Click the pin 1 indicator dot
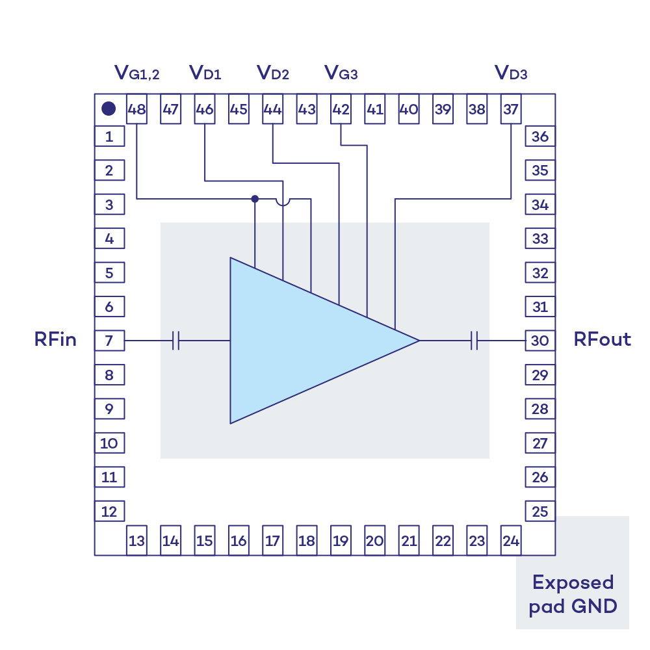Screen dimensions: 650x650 tap(109, 109)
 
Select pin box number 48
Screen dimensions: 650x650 tap(136, 110)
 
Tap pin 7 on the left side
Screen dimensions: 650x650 tap(109, 340)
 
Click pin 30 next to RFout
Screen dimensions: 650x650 tap(540, 340)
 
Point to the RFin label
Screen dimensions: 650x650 tap(55, 339)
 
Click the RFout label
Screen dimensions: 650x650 tap(602, 339)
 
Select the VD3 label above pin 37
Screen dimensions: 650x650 tap(511, 72)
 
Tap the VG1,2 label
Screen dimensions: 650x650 tap(136, 72)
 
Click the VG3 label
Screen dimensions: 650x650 tap(341, 72)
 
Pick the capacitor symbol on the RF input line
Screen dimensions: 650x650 tap(176, 340)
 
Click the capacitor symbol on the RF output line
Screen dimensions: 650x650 tap(474, 340)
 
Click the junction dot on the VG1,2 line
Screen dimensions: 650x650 tap(255, 198)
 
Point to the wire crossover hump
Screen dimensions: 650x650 tap(283, 202)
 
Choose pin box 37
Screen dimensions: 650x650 tap(511, 110)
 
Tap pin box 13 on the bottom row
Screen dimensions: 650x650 tap(136, 540)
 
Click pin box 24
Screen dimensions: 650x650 tap(511, 540)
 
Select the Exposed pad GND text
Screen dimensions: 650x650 tap(572, 594)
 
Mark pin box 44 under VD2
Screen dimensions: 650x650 tap(272, 110)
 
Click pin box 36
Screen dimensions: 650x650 tap(540, 136)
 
